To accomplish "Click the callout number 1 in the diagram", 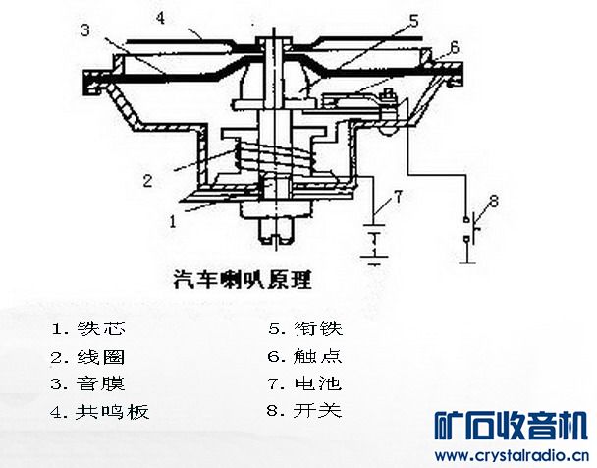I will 173,222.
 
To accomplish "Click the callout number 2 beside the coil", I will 147,181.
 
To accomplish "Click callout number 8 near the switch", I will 493,202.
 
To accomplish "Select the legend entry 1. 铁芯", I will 88,327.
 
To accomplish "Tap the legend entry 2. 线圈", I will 88,356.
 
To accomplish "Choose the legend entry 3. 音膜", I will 88,383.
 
